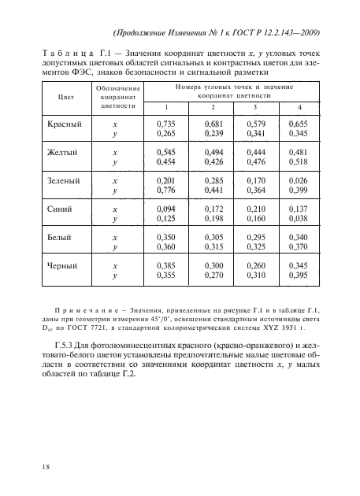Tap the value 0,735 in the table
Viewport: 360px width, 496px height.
(x=165, y=124)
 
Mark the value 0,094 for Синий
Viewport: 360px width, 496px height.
(x=165, y=209)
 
